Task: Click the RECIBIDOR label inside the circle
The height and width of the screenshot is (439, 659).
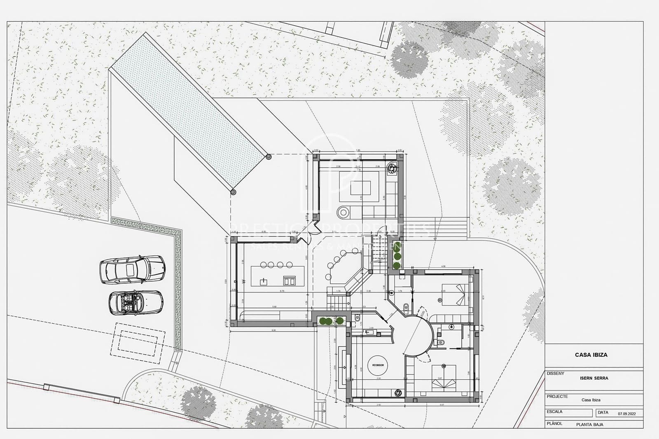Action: pyautogui.click(x=378, y=365)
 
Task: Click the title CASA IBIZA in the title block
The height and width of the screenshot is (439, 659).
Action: pyautogui.click(x=591, y=355)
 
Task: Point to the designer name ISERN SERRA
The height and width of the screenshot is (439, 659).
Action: pyautogui.click(x=594, y=378)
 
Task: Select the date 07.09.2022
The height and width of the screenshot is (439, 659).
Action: pyautogui.click(x=630, y=414)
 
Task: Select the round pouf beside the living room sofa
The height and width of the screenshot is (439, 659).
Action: pyautogui.click(x=343, y=212)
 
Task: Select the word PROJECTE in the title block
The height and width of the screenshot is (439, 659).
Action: pyautogui.click(x=557, y=396)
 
